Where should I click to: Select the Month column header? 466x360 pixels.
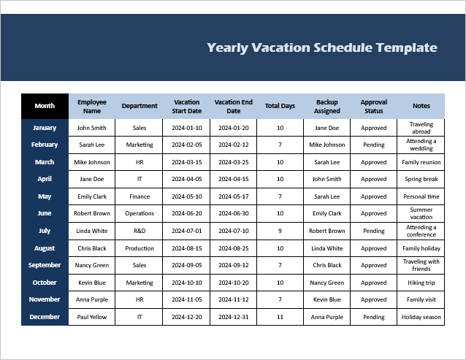coord(45,106)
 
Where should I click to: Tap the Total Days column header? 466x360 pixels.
coord(280,106)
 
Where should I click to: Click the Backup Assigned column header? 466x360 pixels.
coord(327,107)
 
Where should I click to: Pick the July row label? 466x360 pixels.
coord(45,231)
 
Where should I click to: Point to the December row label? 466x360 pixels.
coord(45,317)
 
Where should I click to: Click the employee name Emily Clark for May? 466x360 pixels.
coord(92,196)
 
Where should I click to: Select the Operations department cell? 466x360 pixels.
coord(140,213)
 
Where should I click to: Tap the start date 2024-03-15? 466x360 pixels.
coord(187,162)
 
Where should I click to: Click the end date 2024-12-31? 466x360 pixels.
coord(233,317)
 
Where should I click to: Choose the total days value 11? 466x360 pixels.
coord(280,317)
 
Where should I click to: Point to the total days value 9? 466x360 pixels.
coord(280,231)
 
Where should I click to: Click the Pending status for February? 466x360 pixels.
coord(373,145)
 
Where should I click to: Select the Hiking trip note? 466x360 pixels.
coord(421,283)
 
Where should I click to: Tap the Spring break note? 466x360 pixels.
coord(421,179)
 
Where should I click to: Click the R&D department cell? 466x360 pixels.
coord(140,231)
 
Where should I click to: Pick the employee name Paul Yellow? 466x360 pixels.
coord(92,317)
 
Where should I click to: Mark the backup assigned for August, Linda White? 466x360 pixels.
coord(327,248)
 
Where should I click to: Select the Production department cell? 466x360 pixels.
coord(140,248)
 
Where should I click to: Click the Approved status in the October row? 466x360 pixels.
coord(373,283)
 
